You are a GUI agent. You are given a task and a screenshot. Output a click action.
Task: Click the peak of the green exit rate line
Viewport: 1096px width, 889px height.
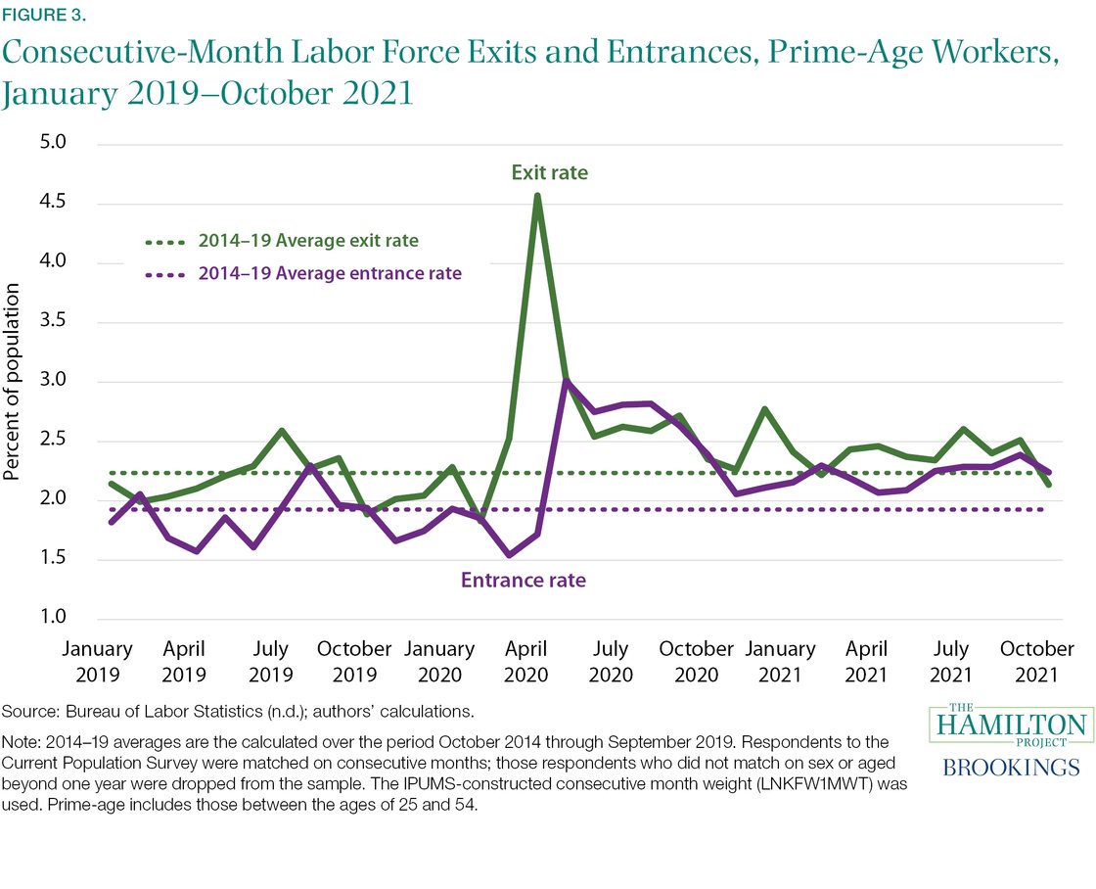[537, 196]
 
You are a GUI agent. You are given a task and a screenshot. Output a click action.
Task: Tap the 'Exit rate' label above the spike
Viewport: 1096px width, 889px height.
[549, 173]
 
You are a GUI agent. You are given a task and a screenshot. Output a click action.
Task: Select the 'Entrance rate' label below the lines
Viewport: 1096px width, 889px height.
[523, 581]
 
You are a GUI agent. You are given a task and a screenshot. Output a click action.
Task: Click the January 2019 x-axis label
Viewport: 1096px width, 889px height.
[98, 662]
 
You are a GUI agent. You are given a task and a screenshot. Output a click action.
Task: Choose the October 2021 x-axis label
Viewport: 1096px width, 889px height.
[1037, 662]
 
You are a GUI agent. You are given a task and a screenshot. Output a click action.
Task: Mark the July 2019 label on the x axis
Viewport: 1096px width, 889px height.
[270, 662]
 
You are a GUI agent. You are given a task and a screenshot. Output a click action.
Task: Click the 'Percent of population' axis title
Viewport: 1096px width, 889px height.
[13, 382]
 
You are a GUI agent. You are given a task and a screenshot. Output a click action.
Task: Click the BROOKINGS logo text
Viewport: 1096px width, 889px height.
[1011, 767]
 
